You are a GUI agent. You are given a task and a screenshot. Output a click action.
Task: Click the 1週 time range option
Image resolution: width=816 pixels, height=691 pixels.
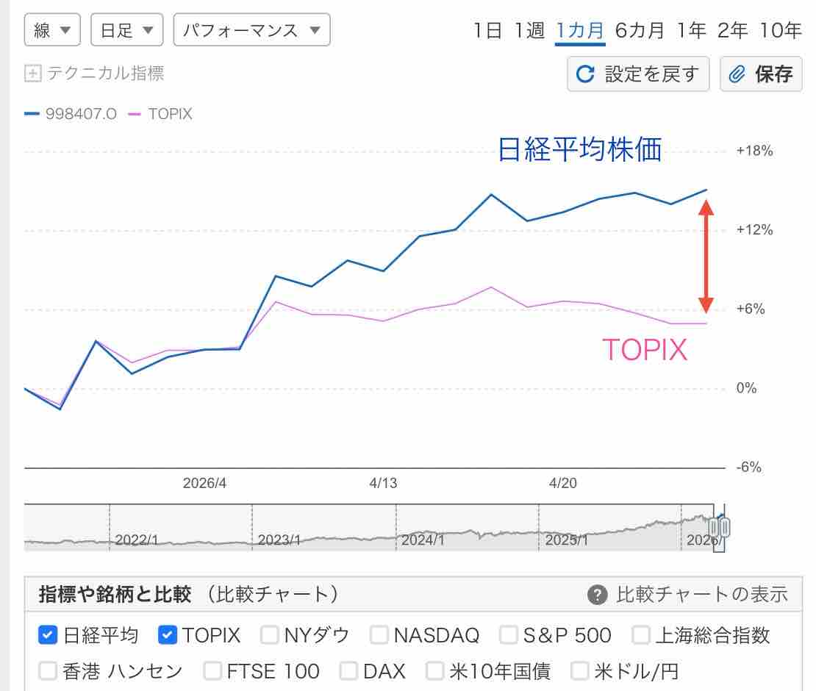[529, 30]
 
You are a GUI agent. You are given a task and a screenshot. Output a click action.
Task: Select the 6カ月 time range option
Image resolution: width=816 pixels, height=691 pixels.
[640, 30]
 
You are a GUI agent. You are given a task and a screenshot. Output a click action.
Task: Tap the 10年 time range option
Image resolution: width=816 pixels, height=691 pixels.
[781, 30]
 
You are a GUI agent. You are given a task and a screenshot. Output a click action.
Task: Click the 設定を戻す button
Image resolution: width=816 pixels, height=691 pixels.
[638, 74]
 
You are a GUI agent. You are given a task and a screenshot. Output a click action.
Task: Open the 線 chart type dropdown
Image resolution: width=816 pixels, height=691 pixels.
[51, 30]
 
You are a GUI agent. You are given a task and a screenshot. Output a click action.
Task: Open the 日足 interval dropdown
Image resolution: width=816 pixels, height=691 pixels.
[126, 30]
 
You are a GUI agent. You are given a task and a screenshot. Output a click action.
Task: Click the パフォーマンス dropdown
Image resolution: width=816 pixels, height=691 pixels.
[251, 30]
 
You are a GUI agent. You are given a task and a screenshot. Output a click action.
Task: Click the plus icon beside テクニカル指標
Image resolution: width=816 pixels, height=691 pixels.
[32, 74]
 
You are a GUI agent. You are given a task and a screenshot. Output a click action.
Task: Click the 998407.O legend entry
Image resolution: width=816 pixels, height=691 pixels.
[71, 114]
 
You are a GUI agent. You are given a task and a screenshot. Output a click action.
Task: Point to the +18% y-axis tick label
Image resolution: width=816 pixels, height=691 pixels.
[754, 151]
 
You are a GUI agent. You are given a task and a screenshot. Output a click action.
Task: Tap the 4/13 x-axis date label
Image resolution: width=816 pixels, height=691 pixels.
[383, 483]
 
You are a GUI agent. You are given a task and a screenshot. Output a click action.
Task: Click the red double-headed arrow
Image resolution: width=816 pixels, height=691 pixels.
[706, 257]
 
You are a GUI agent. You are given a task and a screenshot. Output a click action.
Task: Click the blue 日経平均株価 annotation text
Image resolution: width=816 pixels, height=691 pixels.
[580, 150]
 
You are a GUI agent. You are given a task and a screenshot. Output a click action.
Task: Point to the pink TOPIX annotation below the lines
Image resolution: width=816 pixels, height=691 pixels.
[645, 350]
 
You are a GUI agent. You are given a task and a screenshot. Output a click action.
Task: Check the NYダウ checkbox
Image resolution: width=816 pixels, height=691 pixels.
[271, 634]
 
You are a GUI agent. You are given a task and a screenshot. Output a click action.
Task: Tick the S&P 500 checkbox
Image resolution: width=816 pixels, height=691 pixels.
[509, 634]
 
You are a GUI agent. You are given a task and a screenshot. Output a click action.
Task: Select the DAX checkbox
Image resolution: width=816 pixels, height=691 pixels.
[350, 670]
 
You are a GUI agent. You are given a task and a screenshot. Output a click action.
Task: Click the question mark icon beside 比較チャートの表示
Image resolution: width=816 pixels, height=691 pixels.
[598, 594]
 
